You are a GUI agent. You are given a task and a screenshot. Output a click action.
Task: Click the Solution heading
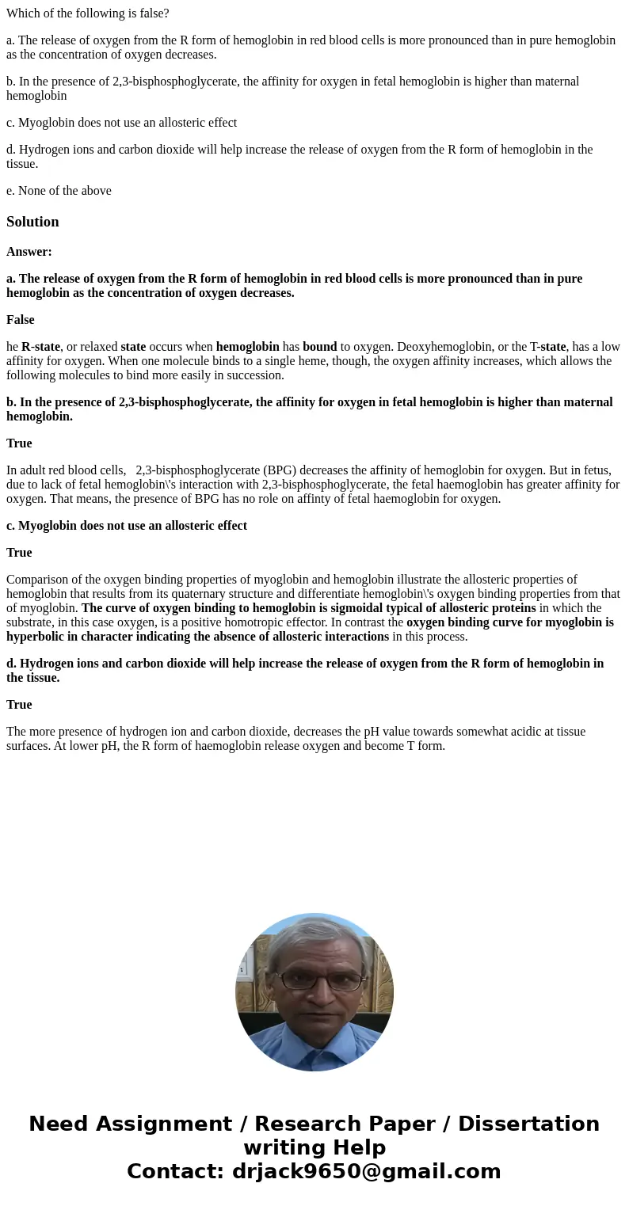click(x=32, y=222)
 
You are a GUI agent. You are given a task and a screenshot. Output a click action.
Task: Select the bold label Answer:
click(x=29, y=252)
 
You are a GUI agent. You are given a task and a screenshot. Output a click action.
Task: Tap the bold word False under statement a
click(x=21, y=320)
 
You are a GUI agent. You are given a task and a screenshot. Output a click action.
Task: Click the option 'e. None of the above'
click(x=59, y=191)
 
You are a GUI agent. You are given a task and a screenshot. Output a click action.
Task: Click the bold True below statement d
click(x=19, y=705)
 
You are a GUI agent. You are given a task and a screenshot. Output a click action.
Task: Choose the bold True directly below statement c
click(x=19, y=553)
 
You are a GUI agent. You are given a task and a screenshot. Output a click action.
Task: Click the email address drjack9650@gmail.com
click(x=366, y=1172)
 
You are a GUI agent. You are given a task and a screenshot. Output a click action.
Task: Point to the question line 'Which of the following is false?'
click(x=88, y=13)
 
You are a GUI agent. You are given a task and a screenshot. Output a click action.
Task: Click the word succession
click(x=254, y=375)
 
